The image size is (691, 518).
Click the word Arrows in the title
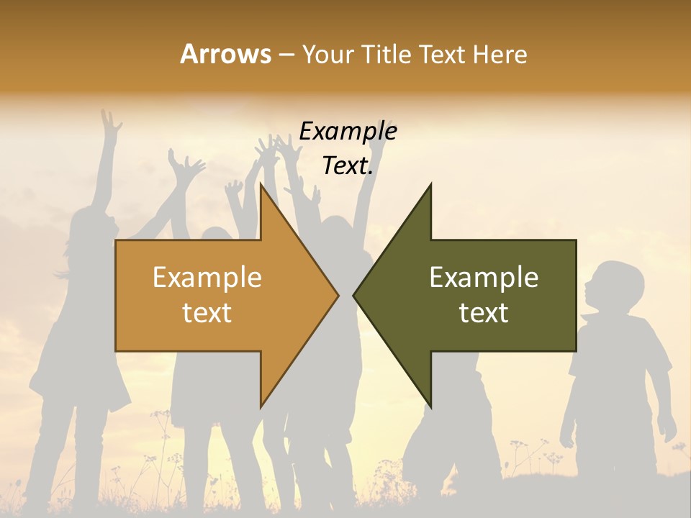[x=225, y=54]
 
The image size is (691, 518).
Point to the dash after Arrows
[x=285, y=55]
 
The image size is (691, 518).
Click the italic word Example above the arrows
[x=348, y=132]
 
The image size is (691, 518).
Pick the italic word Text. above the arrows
[x=348, y=166]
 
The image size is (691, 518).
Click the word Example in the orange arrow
[x=207, y=277]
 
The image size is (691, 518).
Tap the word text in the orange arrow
[x=207, y=313]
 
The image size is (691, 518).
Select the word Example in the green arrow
[x=484, y=277]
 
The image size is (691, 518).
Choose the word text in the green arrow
[x=484, y=313]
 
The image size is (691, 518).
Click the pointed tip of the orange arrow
[x=338, y=295]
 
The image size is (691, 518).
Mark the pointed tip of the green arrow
[x=354, y=295]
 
